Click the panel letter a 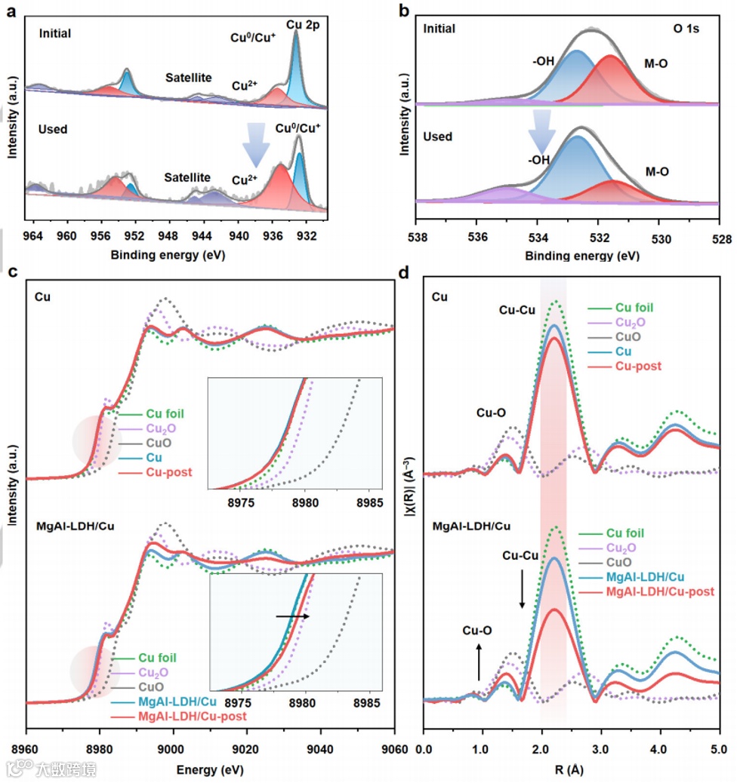11,9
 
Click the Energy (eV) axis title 211,770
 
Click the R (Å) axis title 572,771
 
